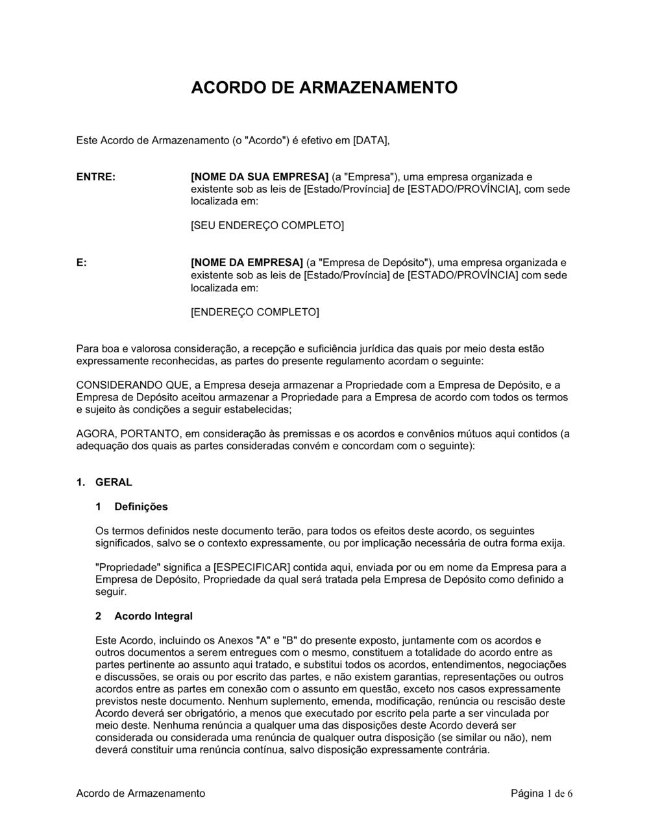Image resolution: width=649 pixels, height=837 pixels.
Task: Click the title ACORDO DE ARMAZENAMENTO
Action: tap(324, 88)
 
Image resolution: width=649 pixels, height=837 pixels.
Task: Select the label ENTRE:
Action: tap(96, 176)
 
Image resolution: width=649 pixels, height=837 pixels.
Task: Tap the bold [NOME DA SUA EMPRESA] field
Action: tap(260, 176)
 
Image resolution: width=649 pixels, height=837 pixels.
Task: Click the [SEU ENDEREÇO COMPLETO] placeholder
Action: tap(267, 225)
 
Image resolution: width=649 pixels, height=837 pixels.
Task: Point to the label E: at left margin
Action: tap(82, 263)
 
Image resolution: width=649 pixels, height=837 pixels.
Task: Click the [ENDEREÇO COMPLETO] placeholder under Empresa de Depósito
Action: tap(254, 312)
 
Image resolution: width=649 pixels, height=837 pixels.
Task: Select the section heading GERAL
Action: tap(114, 482)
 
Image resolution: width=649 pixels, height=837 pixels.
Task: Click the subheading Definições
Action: tap(141, 507)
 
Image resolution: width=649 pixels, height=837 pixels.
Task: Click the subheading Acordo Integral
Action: tap(153, 616)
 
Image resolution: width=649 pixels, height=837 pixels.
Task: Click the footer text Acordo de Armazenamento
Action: tap(141, 794)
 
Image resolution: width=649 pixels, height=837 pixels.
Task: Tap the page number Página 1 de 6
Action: tap(542, 794)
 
